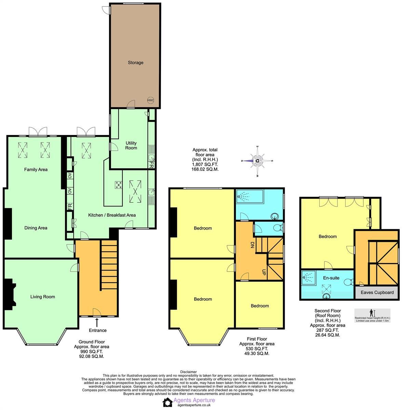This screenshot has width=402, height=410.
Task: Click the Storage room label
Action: click(x=135, y=63)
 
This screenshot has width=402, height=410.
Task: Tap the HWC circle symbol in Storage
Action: click(x=150, y=100)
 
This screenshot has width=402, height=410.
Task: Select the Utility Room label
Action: click(x=131, y=146)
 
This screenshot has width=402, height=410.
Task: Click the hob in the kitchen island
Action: click(x=119, y=185)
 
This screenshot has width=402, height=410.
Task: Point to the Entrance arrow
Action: click(x=97, y=322)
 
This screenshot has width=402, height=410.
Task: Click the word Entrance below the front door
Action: click(x=97, y=330)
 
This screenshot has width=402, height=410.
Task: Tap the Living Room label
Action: click(x=42, y=297)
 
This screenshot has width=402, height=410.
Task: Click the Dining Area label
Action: click(x=36, y=228)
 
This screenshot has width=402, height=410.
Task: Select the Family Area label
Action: click(x=36, y=169)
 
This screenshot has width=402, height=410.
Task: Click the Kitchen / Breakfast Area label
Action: click(x=112, y=215)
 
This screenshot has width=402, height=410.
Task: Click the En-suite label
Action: click(x=331, y=278)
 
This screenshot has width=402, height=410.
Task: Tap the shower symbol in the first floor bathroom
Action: click(x=244, y=196)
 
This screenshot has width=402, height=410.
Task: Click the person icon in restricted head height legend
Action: click(x=372, y=313)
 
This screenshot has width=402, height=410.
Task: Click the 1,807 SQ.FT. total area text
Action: click(x=205, y=164)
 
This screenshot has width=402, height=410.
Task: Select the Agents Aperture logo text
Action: click(x=194, y=400)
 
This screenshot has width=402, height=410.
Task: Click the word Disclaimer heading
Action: click(x=188, y=372)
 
